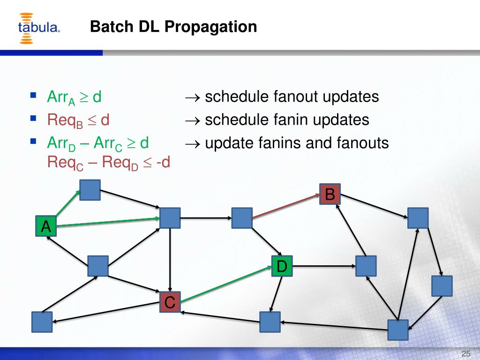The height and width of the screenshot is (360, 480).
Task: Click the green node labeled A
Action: [x=46, y=226]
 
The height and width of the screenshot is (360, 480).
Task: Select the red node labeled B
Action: [x=330, y=194]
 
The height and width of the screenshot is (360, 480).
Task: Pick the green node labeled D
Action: [x=282, y=266]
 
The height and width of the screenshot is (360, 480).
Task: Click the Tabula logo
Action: [x=39, y=28]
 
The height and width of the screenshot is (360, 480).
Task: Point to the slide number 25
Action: [x=466, y=353]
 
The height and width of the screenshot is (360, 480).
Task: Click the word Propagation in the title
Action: [x=210, y=27]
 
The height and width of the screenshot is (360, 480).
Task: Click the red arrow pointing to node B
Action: [x=286, y=207]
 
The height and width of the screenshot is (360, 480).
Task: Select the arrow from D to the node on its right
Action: [x=323, y=266]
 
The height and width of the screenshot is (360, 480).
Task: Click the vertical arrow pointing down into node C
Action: [x=170, y=260]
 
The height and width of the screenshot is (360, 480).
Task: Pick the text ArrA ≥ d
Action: [x=75, y=98]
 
